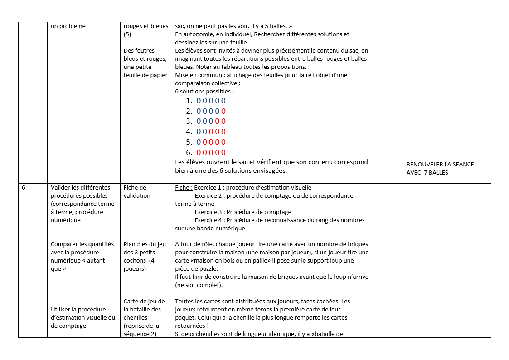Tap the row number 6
coord(24,188)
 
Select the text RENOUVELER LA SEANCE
coord(440,165)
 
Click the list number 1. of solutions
coord(189,101)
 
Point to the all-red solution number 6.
coord(211,153)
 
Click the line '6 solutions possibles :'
coord(204,92)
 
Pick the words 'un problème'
coord(68,26)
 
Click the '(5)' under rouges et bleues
coord(127,34)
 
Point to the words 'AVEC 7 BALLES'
coord(427,173)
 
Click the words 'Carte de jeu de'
coord(144,302)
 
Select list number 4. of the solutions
coord(189,132)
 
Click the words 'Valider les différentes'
coord(80,188)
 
